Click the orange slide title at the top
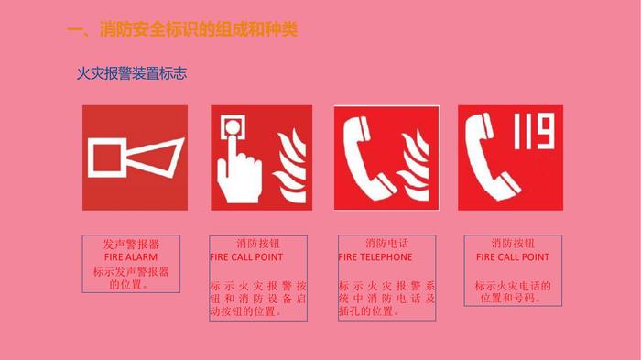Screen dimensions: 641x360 click(182, 29)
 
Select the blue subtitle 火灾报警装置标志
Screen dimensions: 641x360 click(132, 73)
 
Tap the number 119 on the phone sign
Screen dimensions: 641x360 click(534, 131)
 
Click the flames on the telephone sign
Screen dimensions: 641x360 click(414, 166)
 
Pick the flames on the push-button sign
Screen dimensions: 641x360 click(289, 166)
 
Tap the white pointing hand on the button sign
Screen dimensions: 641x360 click(239, 172)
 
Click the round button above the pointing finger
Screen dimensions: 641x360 click(233, 126)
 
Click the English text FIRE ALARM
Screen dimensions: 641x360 click(131, 256)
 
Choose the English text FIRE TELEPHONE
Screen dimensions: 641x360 click(375, 256)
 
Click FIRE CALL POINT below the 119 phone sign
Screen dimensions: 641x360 click(513, 256)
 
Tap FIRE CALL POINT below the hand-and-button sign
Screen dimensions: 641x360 click(246, 256)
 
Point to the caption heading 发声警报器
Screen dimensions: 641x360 click(131, 245)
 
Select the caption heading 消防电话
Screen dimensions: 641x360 click(386, 244)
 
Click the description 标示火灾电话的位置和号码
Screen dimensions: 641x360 click(513, 291)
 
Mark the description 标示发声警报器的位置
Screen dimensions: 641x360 click(131, 278)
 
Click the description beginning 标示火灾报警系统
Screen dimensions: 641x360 click(386, 299)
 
